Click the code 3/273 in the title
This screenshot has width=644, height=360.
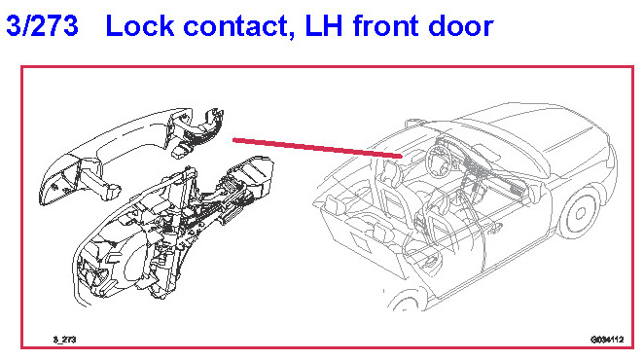(x=42, y=25)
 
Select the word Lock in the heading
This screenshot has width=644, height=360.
(x=140, y=25)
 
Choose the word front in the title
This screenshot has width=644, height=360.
(x=385, y=25)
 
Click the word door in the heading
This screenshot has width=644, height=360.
(x=461, y=25)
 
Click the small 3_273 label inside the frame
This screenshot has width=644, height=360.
(x=64, y=340)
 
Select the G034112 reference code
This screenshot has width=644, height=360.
(x=607, y=340)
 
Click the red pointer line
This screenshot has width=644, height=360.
(x=317, y=148)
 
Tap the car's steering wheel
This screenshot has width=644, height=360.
(x=441, y=162)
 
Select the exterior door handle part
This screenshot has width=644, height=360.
(x=130, y=157)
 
